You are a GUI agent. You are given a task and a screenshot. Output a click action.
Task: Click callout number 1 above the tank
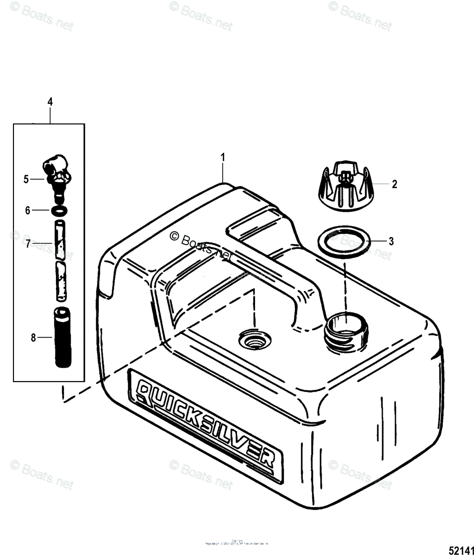pyautogui.click(x=223, y=157)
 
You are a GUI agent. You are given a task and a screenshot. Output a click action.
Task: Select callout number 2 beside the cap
pyautogui.click(x=394, y=184)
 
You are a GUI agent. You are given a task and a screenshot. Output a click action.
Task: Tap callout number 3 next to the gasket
pyautogui.click(x=391, y=241)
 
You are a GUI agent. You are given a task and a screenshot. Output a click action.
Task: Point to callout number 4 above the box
pyautogui.click(x=50, y=102)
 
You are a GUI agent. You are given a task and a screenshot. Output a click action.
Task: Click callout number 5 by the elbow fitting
pyautogui.click(x=26, y=179)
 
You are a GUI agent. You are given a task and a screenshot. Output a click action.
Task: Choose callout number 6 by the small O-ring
pyautogui.click(x=28, y=210)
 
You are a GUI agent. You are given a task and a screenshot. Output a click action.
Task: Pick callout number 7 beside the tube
pyautogui.click(x=28, y=243)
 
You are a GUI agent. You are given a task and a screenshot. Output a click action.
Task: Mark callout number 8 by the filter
pyautogui.click(x=33, y=338)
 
